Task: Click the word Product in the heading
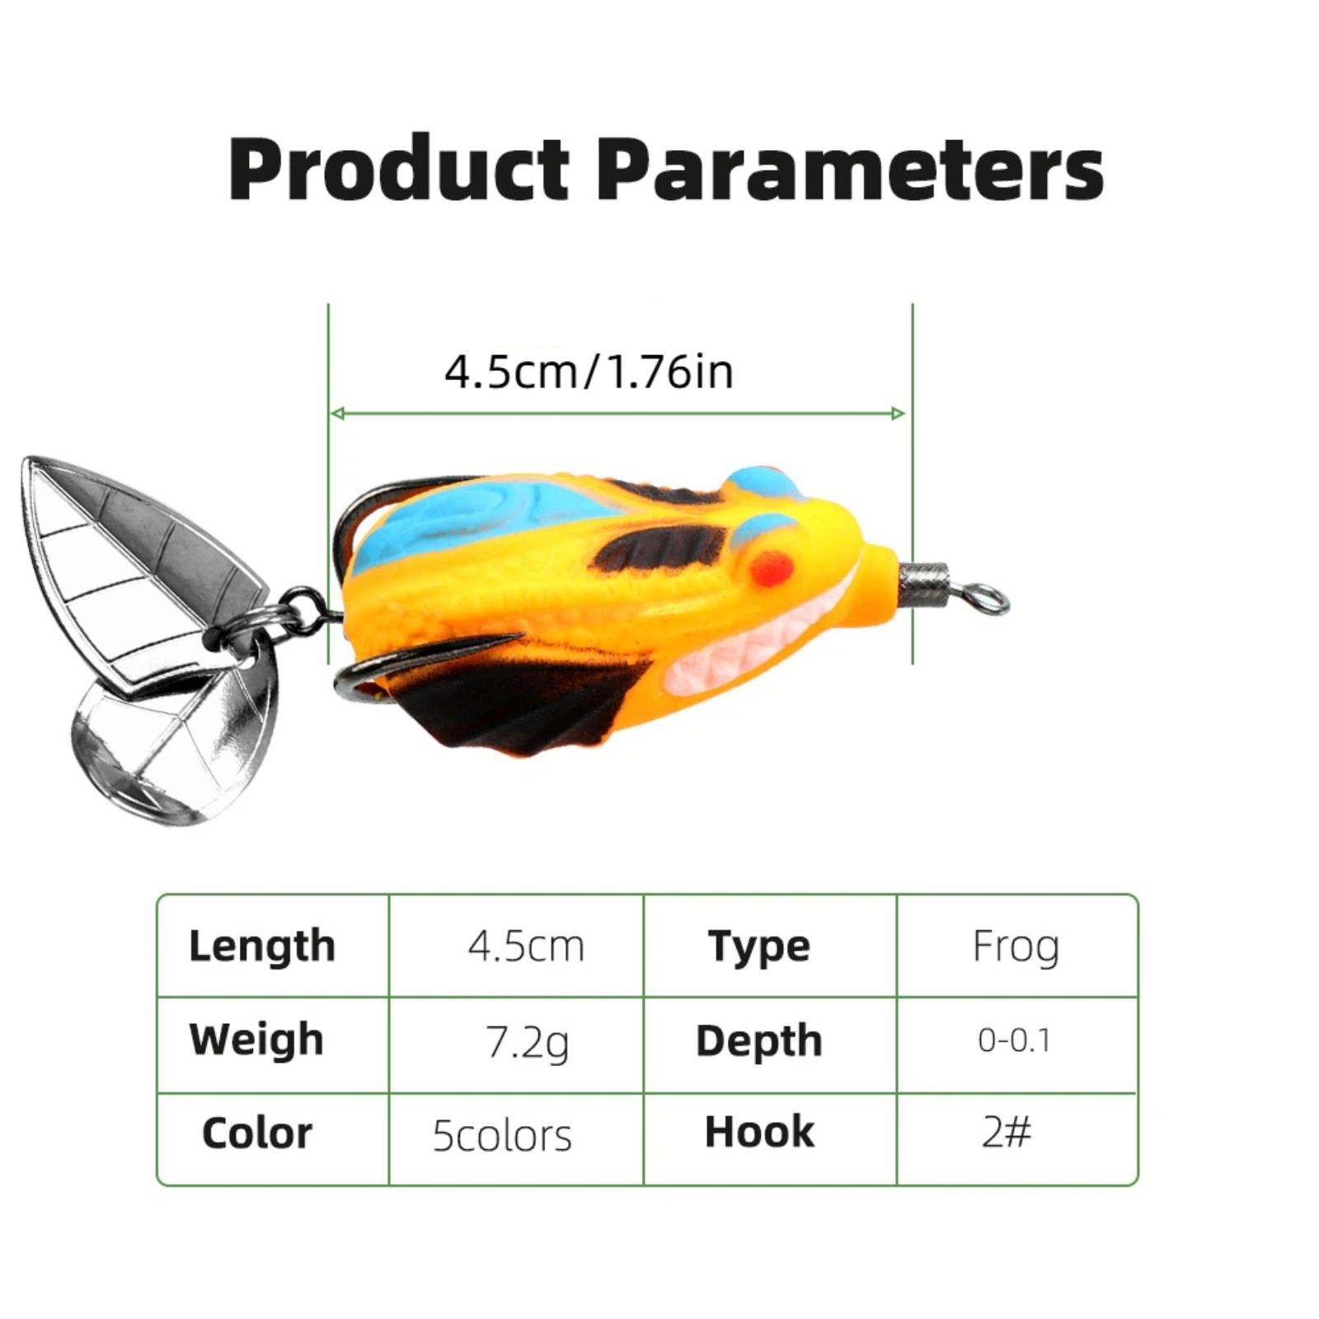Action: pyautogui.click(x=398, y=169)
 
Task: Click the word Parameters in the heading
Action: pyautogui.click(x=849, y=169)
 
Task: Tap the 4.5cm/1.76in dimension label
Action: pyautogui.click(x=589, y=372)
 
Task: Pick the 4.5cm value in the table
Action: pyautogui.click(x=526, y=946)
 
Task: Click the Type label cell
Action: pyautogui.click(x=758, y=946)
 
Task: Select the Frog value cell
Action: pyautogui.click(x=1016, y=946)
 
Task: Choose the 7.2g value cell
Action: pyautogui.click(x=527, y=1043)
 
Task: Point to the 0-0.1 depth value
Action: pyautogui.click(x=1014, y=1040)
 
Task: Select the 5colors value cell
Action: pyautogui.click(x=502, y=1135)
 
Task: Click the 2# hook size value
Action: pyautogui.click(x=1007, y=1131)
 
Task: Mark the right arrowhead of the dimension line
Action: pyautogui.click(x=899, y=413)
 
